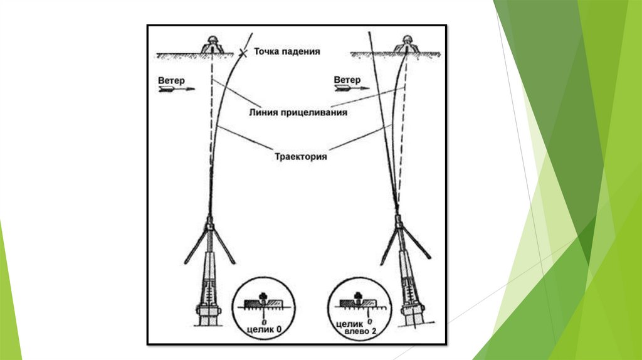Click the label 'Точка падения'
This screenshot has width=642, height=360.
tap(287, 52)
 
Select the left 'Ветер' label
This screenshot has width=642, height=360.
tap(171, 81)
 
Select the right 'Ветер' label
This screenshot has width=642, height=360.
tap(347, 80)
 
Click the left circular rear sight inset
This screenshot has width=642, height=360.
tap(263, 309)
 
